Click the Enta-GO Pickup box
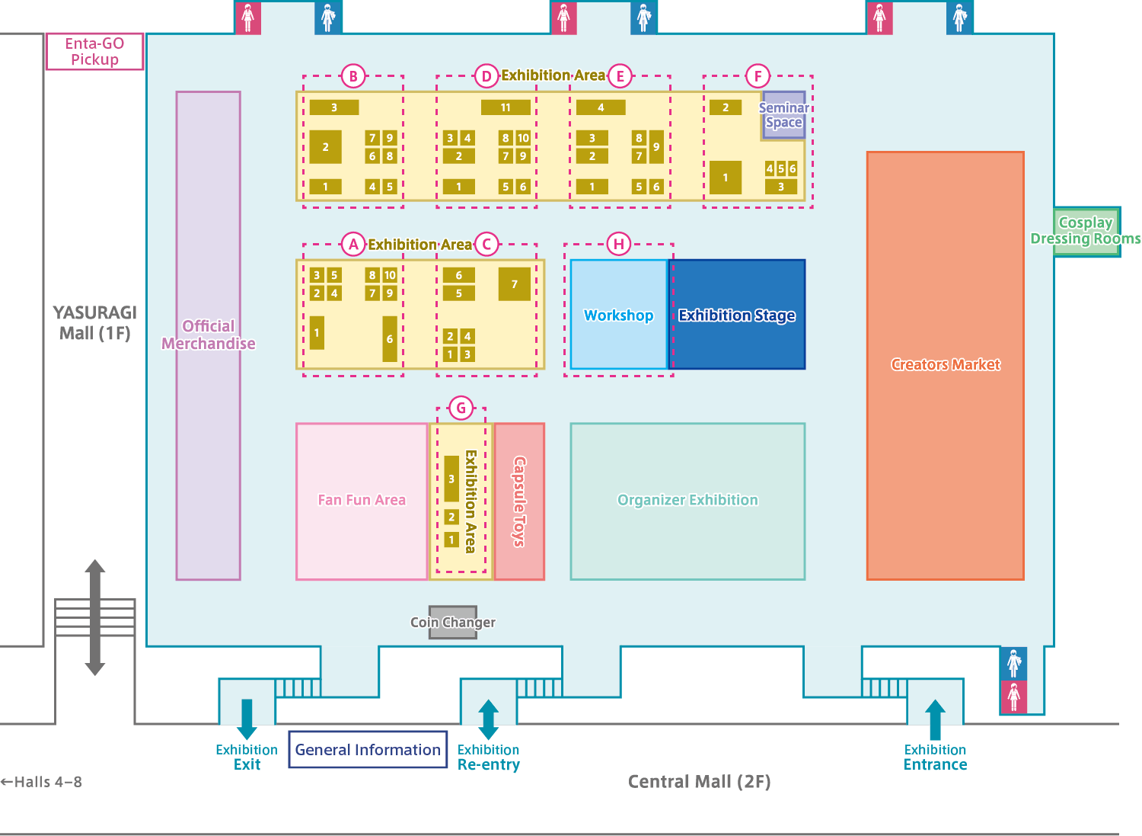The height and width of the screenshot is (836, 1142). click(95, 52)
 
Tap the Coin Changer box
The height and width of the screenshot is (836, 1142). click(453, 622)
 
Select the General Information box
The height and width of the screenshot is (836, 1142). click(368, 749)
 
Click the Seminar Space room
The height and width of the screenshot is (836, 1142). click(783, 115)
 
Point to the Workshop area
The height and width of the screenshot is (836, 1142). click(618, 315)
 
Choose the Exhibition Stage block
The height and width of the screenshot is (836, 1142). click(737, 315)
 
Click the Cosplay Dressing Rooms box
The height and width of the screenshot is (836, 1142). click(1086, 231)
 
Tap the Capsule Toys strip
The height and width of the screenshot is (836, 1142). click(519, 501)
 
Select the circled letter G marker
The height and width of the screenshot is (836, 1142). click(461, 408)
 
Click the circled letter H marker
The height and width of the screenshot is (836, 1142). click(618, 244)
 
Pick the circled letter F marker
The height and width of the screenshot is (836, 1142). click(758, 76)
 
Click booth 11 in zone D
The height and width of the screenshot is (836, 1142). click(506, 107)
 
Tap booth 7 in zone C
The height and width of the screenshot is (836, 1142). click(515, 284)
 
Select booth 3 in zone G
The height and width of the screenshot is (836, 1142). click(451, 479)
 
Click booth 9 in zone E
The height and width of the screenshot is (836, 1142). click(656, 147)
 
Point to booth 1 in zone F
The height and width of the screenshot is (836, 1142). click(725, 178)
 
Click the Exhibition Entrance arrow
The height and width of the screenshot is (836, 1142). click(935, 719)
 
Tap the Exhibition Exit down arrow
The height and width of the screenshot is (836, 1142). click(247, 719)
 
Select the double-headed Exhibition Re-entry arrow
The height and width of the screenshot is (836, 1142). click(489, 719)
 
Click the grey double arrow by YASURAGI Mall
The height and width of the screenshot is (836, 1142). click(95, 617)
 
